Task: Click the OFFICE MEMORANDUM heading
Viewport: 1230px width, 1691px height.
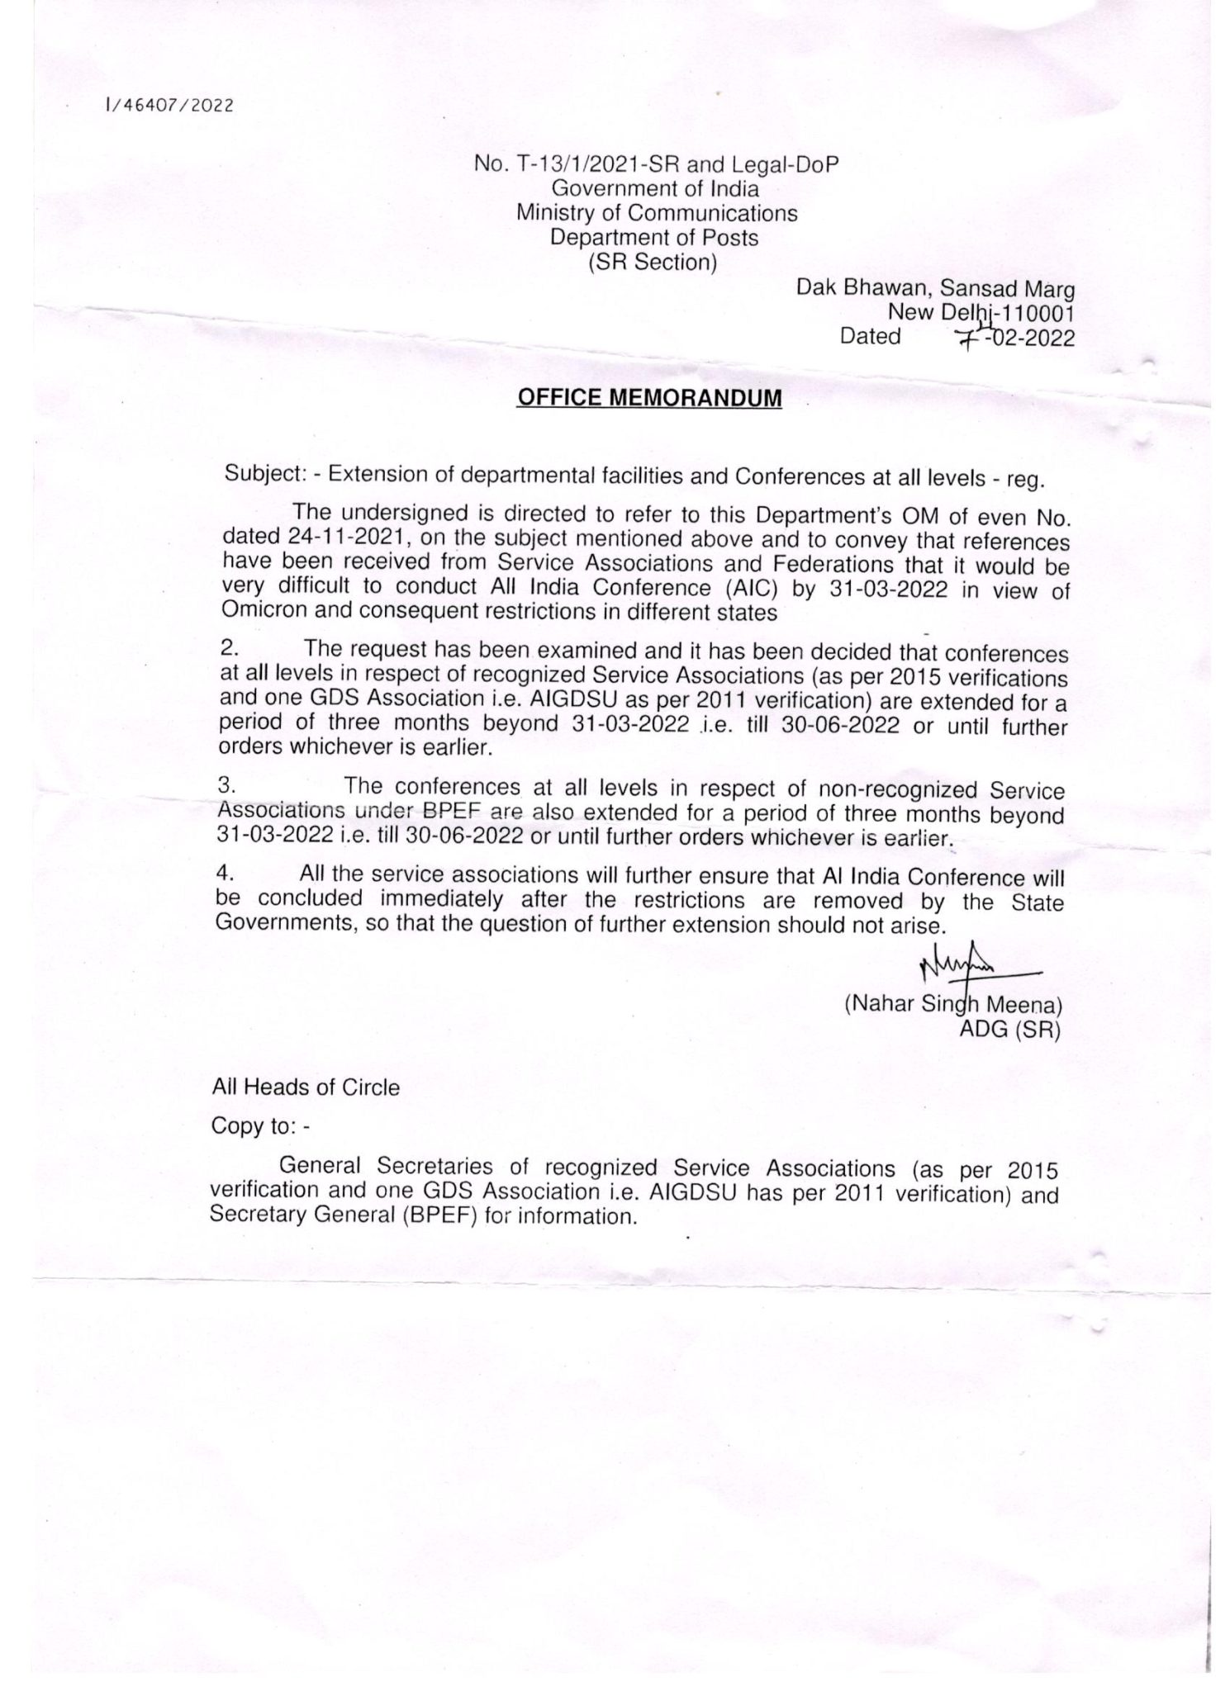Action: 648,398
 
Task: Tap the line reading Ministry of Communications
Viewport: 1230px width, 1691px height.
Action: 657,213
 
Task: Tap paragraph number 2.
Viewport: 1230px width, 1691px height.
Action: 228,650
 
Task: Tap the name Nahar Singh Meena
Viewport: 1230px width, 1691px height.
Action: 950,1006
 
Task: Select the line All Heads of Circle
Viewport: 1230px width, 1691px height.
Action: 306,1087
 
